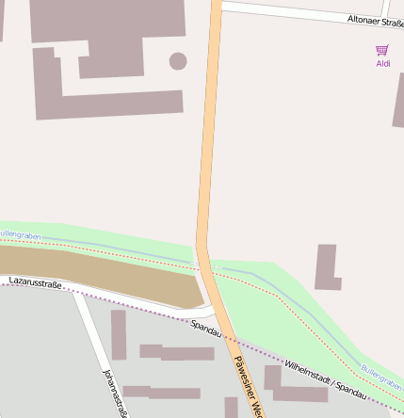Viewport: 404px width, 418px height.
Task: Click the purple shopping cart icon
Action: click(x=381, y=50)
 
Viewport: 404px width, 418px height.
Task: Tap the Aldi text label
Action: click(x=382, y=64)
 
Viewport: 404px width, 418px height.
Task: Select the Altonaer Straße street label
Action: click(x=375, y=19)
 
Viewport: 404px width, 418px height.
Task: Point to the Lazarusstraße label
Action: click(x=35, y=281)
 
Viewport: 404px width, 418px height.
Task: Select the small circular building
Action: click(x=177, y=61)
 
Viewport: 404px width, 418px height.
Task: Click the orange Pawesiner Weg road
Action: click(x=208, y=141)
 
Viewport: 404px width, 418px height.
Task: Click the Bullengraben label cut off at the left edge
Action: click(x=19, y=233)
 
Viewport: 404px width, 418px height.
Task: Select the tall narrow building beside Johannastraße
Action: click(x=119, y=334)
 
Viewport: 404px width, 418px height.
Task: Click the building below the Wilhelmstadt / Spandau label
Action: click(x=301, y=393)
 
